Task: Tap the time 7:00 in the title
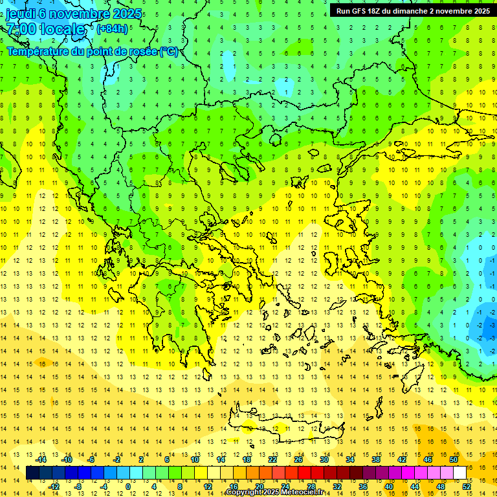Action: [x=21, y=30]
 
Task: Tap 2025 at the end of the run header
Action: [x=479, y=11]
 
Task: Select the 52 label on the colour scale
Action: [x=467, y=486]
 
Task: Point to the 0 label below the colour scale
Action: [x=128, y=486]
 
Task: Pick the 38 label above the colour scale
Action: [x=375, y=459]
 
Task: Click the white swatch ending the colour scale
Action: [x=460, y=473]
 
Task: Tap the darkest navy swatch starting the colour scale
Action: [x=32, y=473]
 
